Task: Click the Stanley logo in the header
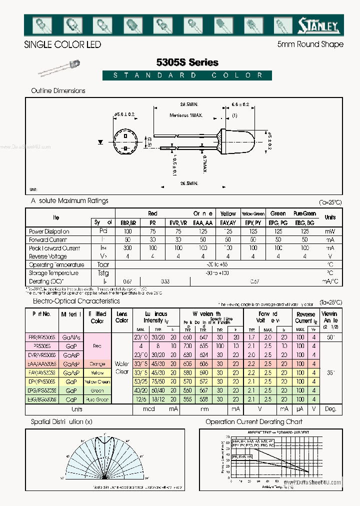pos(318,24)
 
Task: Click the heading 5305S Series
pos(187,62)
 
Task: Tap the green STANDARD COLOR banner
pos(187,75)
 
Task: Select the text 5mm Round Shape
pos(310,44)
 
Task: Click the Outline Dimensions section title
pos(58,90)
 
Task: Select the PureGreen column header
pos(304,213)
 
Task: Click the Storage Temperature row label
pos(53,273)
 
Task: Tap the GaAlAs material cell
pos(70,338)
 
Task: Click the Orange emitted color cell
pos(97,364)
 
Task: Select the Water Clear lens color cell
pos(121,367)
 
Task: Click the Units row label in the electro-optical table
pos(76,409)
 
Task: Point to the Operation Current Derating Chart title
pos(253,422)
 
